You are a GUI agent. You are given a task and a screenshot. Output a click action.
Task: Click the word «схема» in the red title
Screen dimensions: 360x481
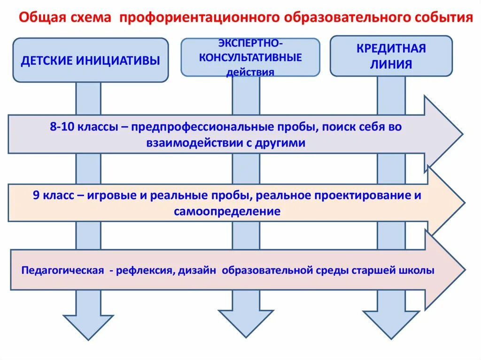tap(92, 19)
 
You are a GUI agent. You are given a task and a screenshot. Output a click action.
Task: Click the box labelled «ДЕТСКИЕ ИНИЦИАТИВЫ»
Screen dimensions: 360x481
tap(90, 60)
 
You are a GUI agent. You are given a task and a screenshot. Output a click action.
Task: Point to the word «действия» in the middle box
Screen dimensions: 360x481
tap(250, 72)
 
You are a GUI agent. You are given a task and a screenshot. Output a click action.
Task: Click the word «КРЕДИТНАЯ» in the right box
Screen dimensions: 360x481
tap(391, 48)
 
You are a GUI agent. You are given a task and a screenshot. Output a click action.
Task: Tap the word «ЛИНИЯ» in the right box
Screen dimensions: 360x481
tap(391, 64)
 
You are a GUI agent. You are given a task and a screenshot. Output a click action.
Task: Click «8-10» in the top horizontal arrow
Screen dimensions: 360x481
tap(62, 127)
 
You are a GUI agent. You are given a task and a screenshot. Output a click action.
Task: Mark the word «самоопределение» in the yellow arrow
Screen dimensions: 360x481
tap(227, 212)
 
